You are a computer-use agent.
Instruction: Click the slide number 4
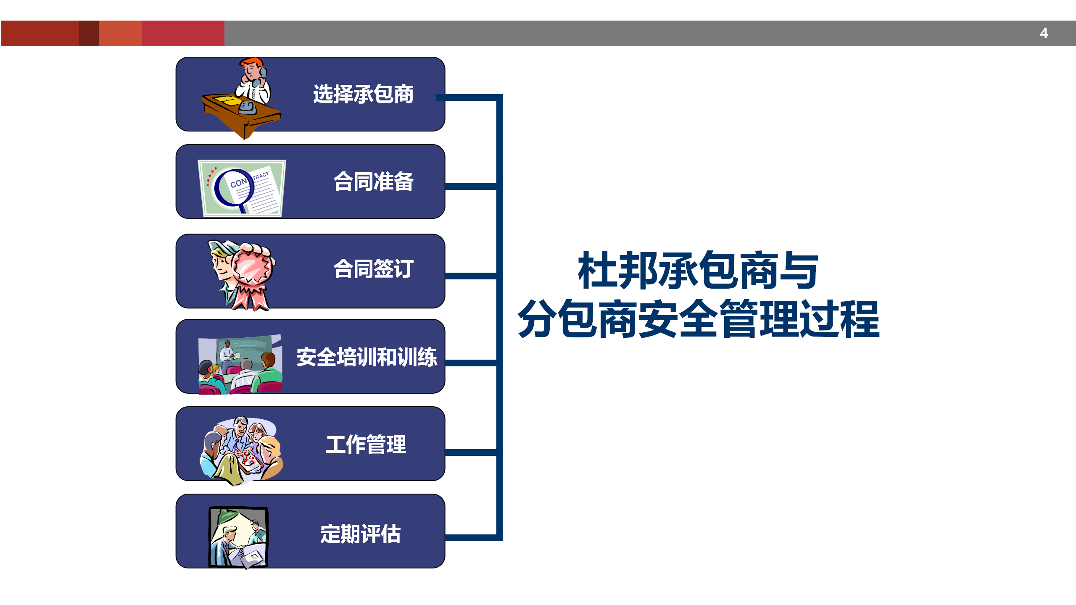pyautogui.click(x=1044, y=33)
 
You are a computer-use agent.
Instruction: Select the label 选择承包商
pyautogui.click(x=363, y=94)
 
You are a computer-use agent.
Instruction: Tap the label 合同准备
pyautogui.click(x=373, y=181)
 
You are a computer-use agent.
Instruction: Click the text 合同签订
pyautogui.click(x=373, y=269)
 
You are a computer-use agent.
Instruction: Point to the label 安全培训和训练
pyautogui.click(x=367, y=357)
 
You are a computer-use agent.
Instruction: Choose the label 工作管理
pyautogui.click(x=366, y=445)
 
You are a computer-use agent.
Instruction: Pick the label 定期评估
pyautogui.click(x=361, y=534)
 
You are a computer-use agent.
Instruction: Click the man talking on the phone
pyautogui.click(x=253, y=82)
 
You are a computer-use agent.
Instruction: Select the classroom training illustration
pyautogui.click(x=240, y=365)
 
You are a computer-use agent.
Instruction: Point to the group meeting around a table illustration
pyautogui.click(x=241, y=450)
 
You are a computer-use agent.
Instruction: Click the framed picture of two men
pyautogui.click(x=238, y=538)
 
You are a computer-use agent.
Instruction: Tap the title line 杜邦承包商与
pyautogui.click(x=698, y=270)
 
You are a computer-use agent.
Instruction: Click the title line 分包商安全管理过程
pyautogui.click(x=699, y=318)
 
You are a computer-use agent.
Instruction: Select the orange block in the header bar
pyautogui.click(x=120, y=33)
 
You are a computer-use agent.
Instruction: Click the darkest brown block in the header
pyautogui.click(x=89, y=33)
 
